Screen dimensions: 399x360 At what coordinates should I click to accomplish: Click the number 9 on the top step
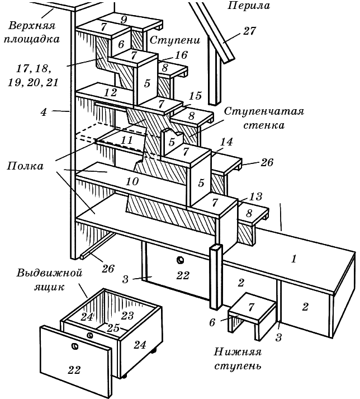click(x=124, y=19)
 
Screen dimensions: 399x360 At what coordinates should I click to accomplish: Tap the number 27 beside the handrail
click(x=249, y=31)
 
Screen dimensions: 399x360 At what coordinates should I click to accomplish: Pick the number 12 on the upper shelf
click(x=110, y=92)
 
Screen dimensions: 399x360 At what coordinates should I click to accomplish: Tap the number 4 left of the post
click(x=44, y=111)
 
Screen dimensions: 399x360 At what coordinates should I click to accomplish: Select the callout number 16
click(x=180, y=55)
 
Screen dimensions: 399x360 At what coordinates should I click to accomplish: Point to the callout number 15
click(x=195, y=96)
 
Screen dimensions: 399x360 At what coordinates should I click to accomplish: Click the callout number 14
click(x=226, y=143)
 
